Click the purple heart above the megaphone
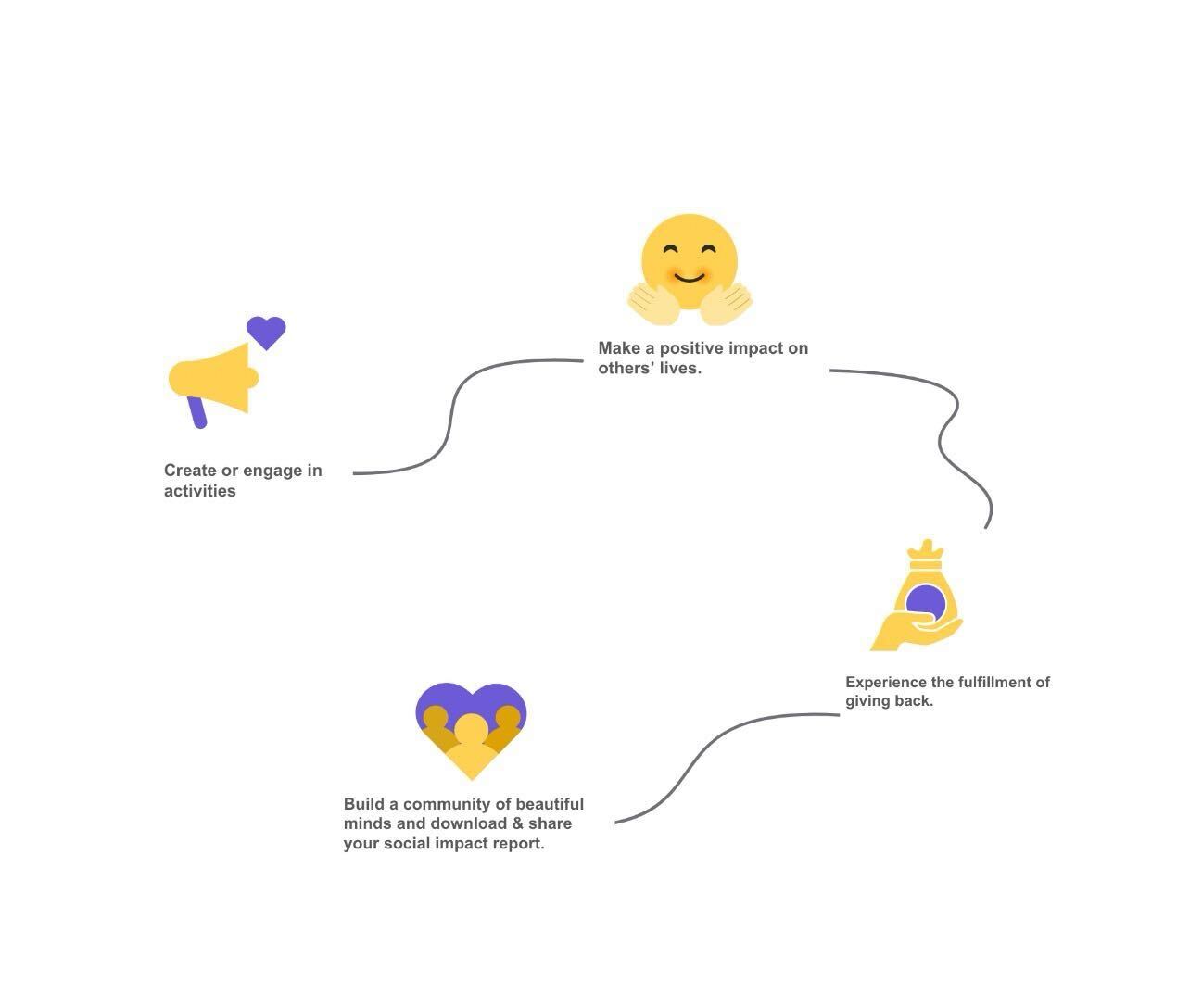point(266,332)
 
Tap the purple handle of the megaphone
point(197,412)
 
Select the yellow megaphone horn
point(214,378)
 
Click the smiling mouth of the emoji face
point(690,277)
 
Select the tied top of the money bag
point(926,554)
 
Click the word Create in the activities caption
point(190,471)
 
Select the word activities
point(200,491)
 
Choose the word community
point(447,804)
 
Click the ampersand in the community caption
point(517,823)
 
